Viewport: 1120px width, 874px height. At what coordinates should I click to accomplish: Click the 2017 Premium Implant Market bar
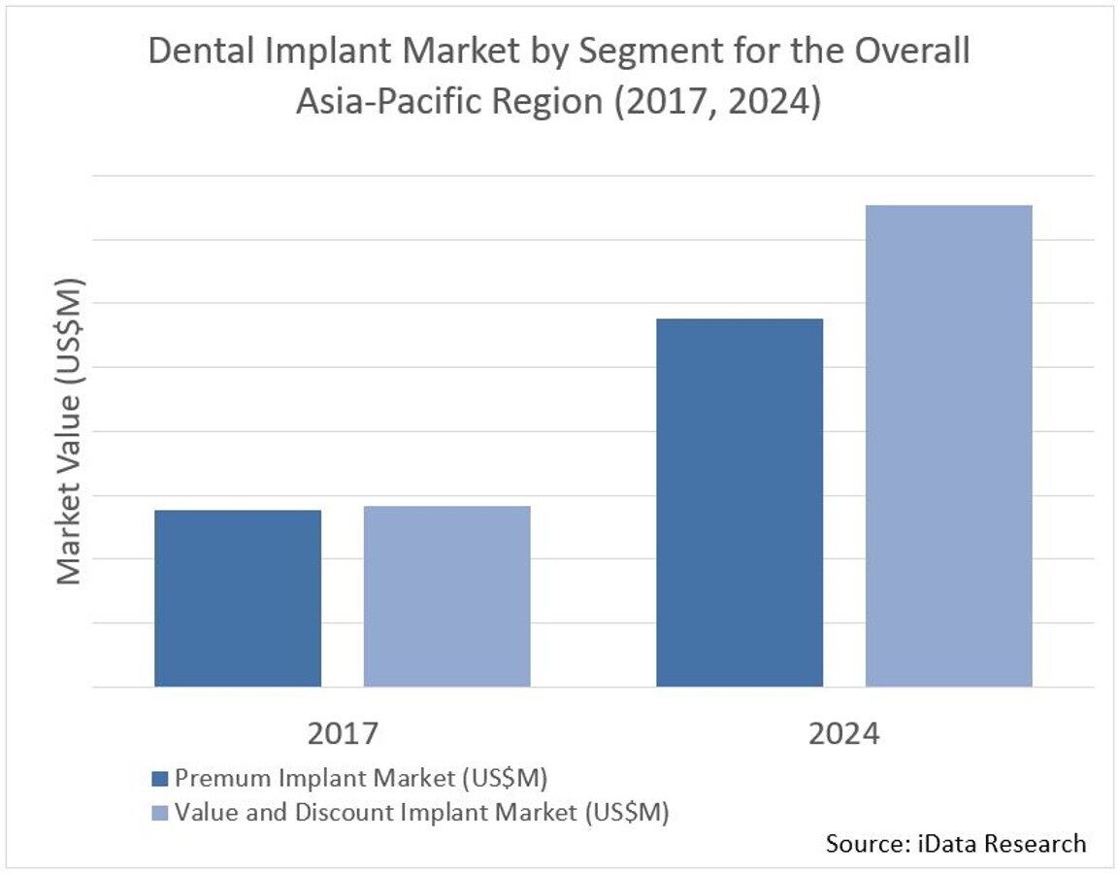pyautogui.click(x=238, y=598)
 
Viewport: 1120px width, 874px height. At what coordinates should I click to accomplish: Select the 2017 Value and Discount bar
pyautogui.click(x=446, y=596)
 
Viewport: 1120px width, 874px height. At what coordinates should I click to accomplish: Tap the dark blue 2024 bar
pyautogui.click(x=740, y=502)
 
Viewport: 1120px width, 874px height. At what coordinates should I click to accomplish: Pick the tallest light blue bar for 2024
pyautogui.click(x=948, y=446)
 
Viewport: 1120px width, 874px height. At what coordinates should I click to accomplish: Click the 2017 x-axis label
pyautogui.click(x=342, y=733)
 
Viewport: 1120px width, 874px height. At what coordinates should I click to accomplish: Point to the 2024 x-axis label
pyautogui.click(x=843, y=733)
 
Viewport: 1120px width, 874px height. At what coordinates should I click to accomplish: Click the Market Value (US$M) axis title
pyautogui.click(x=69, y=432)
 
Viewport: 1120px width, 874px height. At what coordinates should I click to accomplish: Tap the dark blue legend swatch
pyautogui.click(x=161, y=778)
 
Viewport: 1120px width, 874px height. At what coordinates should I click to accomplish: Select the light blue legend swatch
pyautogui.click(x=161, y=812)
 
